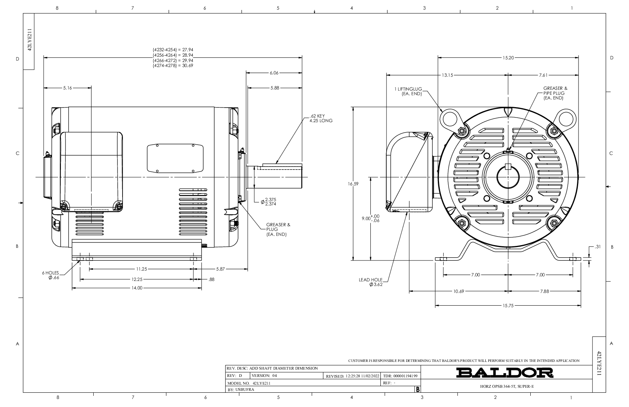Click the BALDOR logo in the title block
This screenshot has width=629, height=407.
pos(505,373)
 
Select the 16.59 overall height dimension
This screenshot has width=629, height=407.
pos(353,184)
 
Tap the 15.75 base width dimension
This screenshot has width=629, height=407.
pos(508,306)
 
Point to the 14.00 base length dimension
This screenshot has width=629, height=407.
pos(137,288)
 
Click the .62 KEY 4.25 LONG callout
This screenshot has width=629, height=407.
pos(321,118)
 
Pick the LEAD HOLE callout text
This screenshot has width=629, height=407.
pos(371,282)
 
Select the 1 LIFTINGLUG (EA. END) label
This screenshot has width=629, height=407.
pos(408,91)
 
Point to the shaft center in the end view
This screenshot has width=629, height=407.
pos(508,177)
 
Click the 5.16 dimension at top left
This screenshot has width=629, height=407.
pos(67,88)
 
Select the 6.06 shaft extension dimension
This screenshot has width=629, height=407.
pos(274,73)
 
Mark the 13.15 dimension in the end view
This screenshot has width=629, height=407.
pos(447,75)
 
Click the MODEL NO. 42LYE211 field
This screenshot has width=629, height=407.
pos(249,383)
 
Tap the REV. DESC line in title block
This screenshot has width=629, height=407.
pos(272,368)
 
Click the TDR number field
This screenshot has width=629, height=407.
pos(400,376)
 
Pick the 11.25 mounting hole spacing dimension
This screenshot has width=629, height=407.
pos(141,269)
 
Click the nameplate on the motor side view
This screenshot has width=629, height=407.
pos(175,158)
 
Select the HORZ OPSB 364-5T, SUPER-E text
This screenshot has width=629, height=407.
pos(507,387)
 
